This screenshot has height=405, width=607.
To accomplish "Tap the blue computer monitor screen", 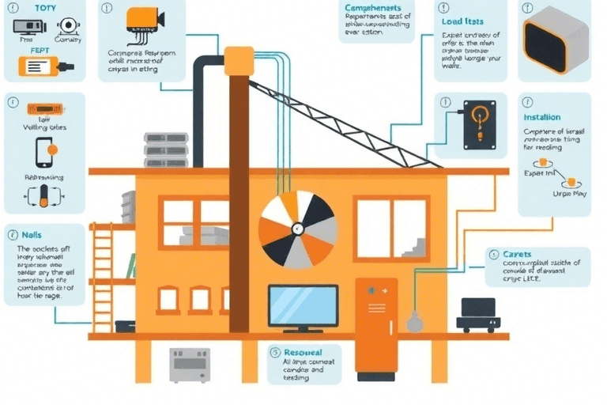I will (x=303, y=305).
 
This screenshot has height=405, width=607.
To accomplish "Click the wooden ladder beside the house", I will (x=101, y=277).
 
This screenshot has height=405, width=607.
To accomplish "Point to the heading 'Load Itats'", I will (x=463, y=21).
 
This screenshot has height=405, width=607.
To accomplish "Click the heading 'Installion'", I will (x=542, y=117).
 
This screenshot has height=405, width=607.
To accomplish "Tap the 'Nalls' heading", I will (x=32, y=235).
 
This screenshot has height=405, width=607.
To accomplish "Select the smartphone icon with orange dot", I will (x=44, y=149).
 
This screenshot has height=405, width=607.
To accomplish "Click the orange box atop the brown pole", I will (x=239, y=59).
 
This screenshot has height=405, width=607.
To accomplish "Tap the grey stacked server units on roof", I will (x=166, y=149).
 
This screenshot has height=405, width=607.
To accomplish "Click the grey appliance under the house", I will (x=189, y=365).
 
